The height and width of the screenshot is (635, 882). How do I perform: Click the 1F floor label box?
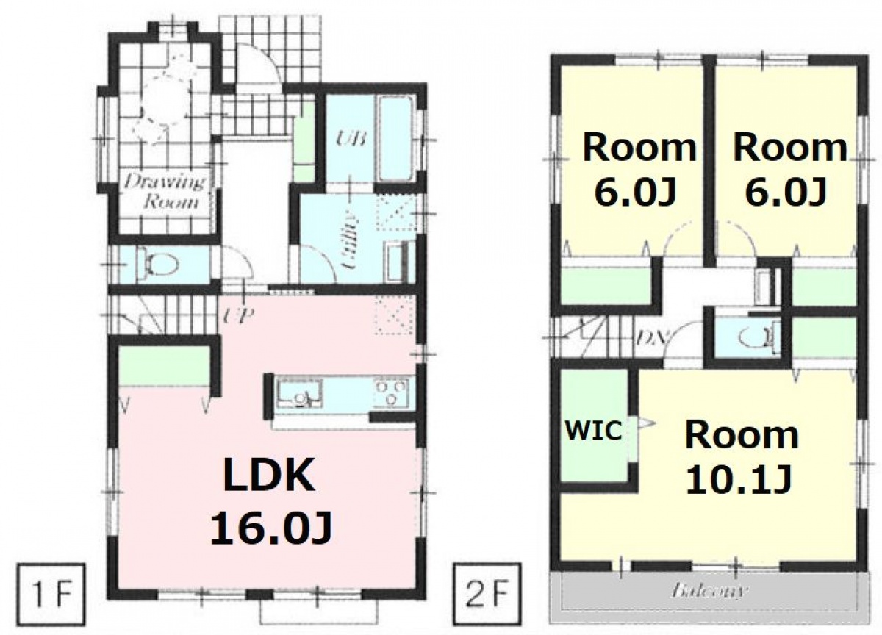[x=51, y=595]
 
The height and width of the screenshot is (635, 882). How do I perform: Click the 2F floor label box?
[x=487, y=594]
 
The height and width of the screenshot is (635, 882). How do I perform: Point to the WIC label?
[x=593, y=430]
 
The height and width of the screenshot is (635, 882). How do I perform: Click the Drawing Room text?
[x=165, y=193]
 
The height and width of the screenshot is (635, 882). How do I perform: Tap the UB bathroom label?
[x=352, y=139]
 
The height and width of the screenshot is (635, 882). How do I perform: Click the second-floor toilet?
[x=758, y=337]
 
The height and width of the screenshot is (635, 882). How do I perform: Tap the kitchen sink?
[x=300, y=395]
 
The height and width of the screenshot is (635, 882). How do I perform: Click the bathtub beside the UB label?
[x=395, y=139]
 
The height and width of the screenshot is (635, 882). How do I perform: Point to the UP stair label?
[x=239, y=315]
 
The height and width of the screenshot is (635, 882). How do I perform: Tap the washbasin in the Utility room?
[x=395, y=262]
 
